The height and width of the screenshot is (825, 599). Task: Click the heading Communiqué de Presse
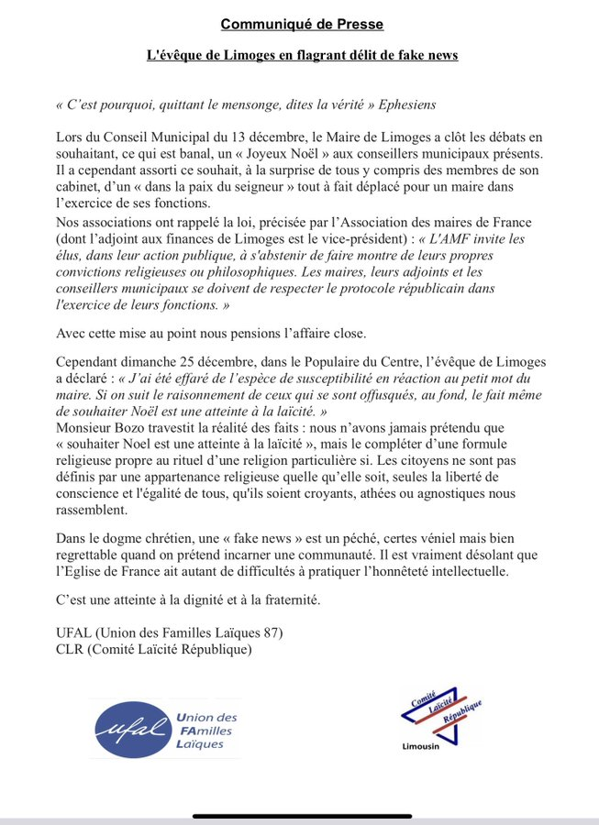pyautogui.click(x=302, y=24)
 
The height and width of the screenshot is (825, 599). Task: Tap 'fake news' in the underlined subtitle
pyautogui.click(x=426, y=55)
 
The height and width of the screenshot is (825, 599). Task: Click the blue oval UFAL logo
pyautogui.click(x=132, y=730)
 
